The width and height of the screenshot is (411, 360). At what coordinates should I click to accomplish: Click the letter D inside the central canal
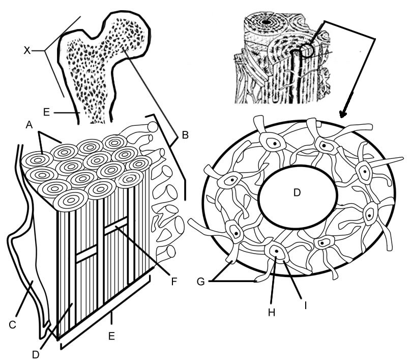pyautogui.click(x=297, y=192)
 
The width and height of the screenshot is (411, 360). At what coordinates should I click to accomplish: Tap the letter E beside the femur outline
pyautogui.click(x=46, y=112)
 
